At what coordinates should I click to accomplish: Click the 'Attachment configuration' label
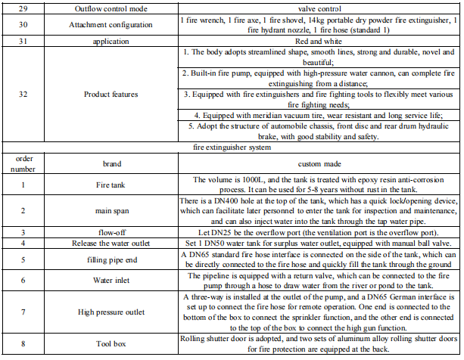click(111, 23)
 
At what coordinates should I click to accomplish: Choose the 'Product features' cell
click(111, 95)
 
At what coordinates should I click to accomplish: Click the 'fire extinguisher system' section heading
click(232, 149)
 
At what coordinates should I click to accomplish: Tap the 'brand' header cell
click(111, 163)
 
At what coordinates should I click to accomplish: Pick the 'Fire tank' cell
click(111, 184)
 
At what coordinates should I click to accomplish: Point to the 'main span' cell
click(111, 211)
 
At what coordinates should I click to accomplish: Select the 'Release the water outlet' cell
click(111, 244)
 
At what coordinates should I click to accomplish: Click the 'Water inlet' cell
click(111, 281)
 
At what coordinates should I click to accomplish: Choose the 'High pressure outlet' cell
click(111, 311)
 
